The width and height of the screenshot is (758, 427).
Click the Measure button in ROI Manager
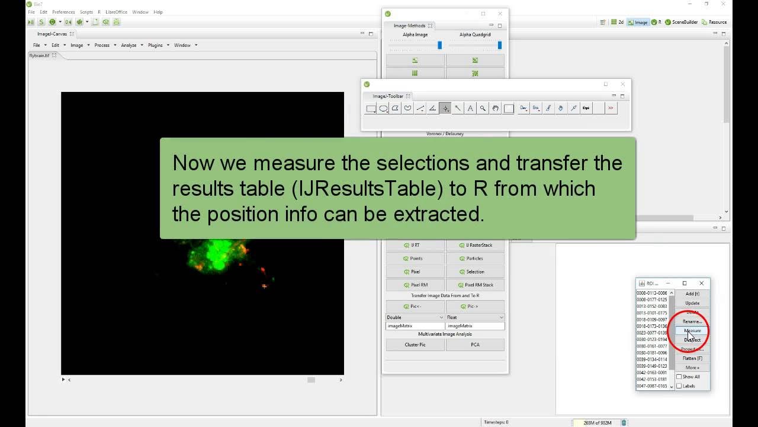pyautogui.click(x=692, y=331)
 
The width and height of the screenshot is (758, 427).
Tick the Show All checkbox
pyautogui.click(x=679, y=377)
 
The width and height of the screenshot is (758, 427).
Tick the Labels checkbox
pyautogui.click(x=679, y=386)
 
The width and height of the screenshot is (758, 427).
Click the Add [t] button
pyautogui.click(x=692, y=294)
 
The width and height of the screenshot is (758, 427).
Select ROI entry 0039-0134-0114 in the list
pyautogui.click(x=651, y=359)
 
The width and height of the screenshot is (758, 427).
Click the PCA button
pyautogui.click(x=475, y=345)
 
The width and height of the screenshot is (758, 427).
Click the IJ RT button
pyautogui.click(x=415, y=245)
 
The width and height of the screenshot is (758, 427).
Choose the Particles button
pyautogui.click(x=475, y=259)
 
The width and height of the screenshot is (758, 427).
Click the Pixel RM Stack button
pyautogui.click(x=475, y=285)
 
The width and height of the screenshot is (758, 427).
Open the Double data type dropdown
pyautogui.click(x=415, y=317)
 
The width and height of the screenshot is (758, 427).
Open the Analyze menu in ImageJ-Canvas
pyautogui.click(x=129, y=45)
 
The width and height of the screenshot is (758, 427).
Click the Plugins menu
pyautogui.click(x=155, y=45)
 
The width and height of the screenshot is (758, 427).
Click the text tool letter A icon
pyautogui.click(x=470, y=108)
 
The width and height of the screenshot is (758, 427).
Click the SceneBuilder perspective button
pyautogui.click(x=682, y=22)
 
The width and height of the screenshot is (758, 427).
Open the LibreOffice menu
pyautogui.click(x=117, y=12)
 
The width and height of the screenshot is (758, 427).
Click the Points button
pyautogui.click(x=415, y=259)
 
